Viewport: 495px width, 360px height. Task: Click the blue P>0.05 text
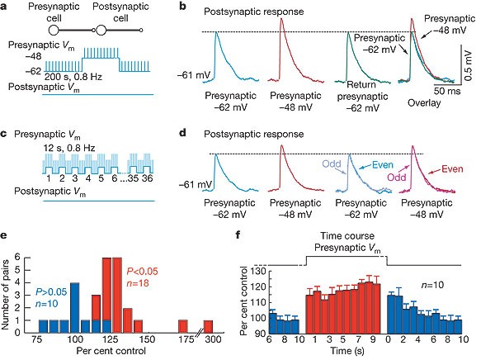51,291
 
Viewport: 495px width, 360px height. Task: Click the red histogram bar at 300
209,323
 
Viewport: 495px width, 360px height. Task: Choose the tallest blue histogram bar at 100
75,305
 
